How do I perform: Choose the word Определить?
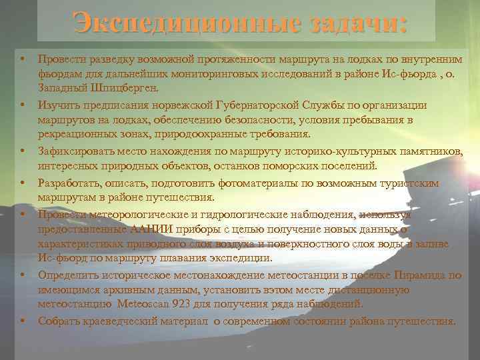coord(70,275)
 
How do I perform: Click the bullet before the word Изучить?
coord(22,105)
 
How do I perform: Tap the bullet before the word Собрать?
coord(22,321)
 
